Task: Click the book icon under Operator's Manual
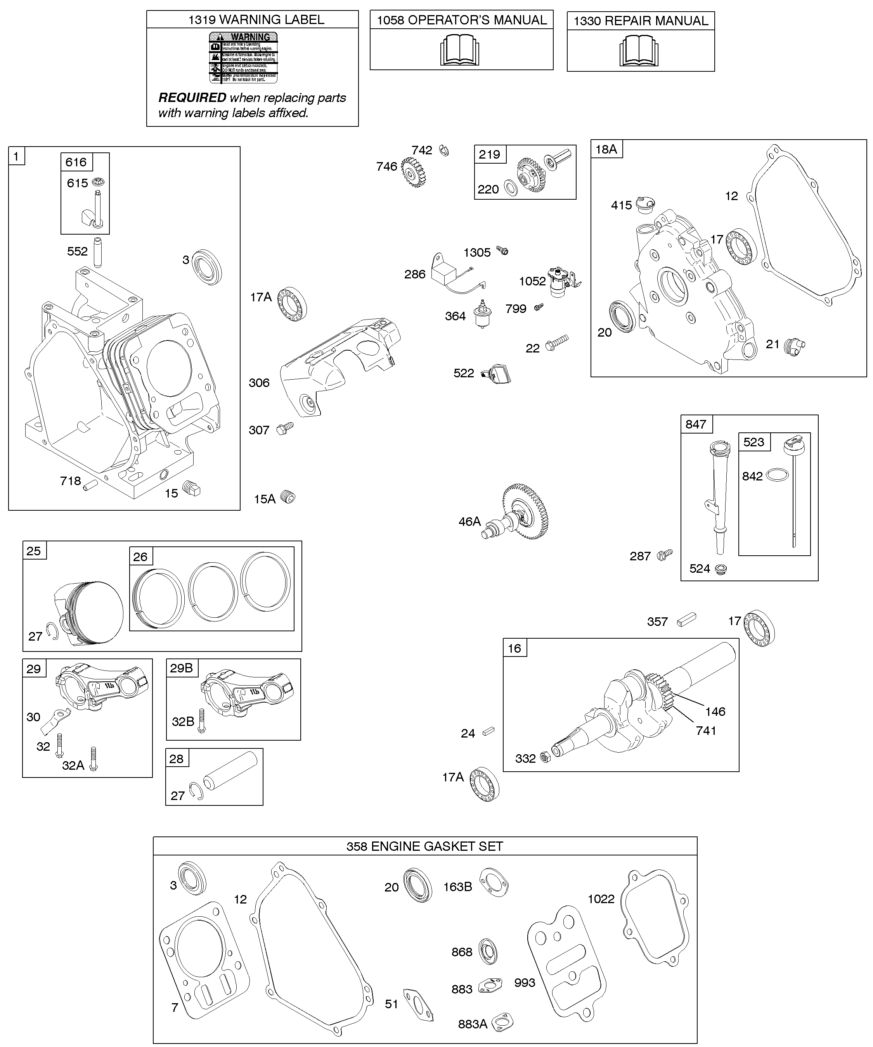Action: click(x=459, y=50)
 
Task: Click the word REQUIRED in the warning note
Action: click(x=192, y=98)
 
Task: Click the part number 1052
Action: click(x=532, y=281)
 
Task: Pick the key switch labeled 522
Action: click(x=496, y=373)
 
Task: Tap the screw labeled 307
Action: click(x=286, y=428)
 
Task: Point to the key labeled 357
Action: click(x=686, y=620)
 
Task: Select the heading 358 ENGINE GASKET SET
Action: click(x=424, y=846)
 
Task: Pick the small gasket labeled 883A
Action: click(x=502, y=1023)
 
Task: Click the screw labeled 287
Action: click(x=665, y=555)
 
